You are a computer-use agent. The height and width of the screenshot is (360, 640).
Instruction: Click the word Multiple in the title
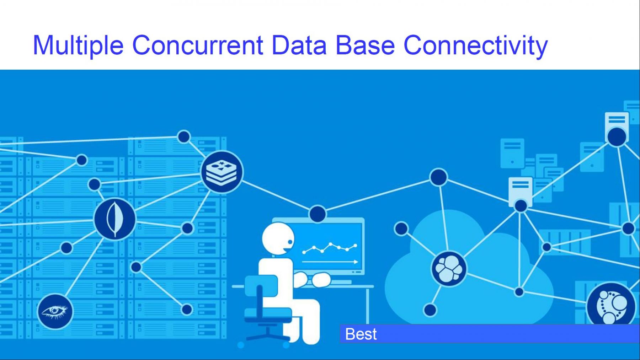pos(78,46)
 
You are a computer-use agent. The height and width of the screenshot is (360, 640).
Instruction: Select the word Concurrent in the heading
pos(198,45)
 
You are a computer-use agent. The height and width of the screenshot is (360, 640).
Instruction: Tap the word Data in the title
pos(299,45)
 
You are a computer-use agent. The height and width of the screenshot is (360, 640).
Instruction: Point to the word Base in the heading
pos(365,45)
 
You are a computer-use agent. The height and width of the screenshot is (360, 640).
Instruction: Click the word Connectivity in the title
pos(475,46)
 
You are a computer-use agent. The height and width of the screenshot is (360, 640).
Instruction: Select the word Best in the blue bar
pos(361,334)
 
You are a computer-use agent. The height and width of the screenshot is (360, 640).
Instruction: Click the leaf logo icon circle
pos(114,219)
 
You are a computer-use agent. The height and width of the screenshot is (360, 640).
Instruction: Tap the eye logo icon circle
pos(55,312)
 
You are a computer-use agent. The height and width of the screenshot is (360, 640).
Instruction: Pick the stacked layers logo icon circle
pos(222,172)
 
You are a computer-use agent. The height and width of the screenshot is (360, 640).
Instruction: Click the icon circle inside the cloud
pos(449,269)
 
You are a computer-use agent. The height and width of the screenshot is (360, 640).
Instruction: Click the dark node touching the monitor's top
pos(318,214)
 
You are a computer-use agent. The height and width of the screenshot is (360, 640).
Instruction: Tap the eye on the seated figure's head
pos(290,242)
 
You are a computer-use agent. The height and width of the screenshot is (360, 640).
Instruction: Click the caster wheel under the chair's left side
pos(241,345)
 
